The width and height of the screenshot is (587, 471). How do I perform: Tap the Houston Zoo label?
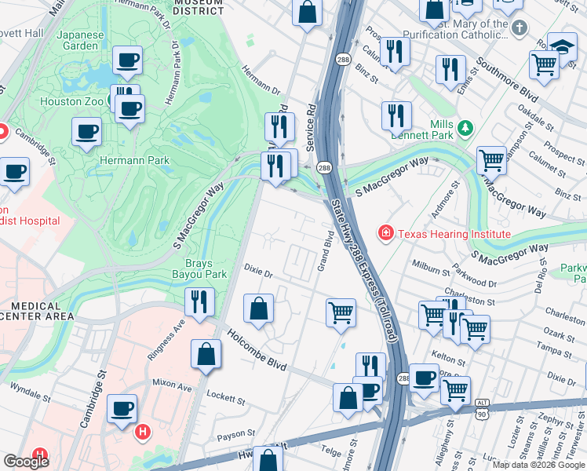click(71, 101)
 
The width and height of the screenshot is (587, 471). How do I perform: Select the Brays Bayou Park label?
click(199, 269)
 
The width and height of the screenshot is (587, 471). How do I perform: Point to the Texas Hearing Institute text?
click(454, 234)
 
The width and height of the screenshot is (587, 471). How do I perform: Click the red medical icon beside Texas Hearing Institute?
click(385, 233)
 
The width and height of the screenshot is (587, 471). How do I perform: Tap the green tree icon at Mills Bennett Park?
click(465, 126)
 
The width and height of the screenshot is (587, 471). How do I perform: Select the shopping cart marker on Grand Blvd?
click(341, 312)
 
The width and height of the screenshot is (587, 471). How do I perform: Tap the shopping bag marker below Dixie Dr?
click(258, 309)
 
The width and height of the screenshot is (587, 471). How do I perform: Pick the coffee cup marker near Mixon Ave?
click(122, 409)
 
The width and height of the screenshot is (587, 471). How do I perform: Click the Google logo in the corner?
click(26, 462)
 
